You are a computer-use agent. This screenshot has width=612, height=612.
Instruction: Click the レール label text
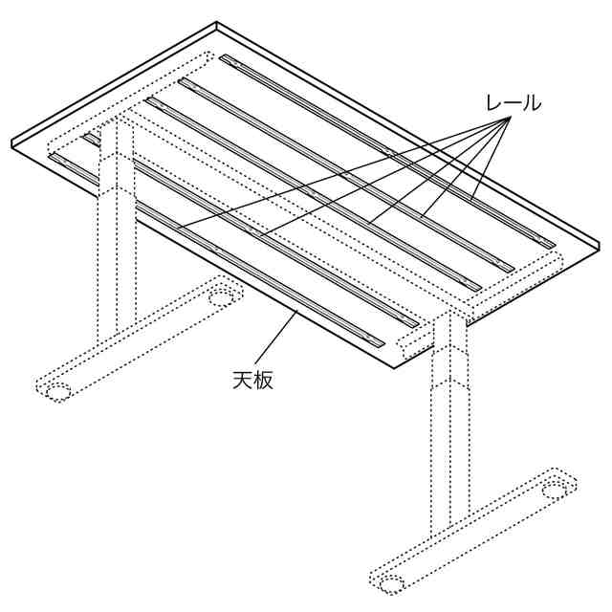514,103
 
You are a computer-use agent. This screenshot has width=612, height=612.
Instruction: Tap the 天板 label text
252,380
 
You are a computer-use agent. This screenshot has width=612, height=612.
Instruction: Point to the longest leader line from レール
343,172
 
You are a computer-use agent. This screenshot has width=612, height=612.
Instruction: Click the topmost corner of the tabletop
217,23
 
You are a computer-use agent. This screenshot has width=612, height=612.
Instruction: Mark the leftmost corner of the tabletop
11,142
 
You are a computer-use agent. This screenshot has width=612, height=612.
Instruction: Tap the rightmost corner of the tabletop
600,244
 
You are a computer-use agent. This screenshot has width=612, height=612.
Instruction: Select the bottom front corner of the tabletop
394,367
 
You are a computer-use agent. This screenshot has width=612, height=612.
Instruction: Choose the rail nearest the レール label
386,151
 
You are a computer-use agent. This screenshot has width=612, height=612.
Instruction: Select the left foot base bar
139,339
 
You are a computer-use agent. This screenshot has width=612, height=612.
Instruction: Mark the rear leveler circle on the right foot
557,491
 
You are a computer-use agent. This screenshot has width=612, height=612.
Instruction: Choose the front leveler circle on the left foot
58,392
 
